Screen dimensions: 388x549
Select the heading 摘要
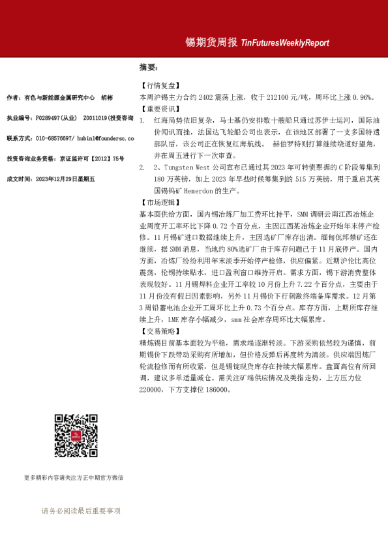coord(148,67)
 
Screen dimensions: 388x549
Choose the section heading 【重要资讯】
coord(159,109)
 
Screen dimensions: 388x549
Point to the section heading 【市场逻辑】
coord(159,202)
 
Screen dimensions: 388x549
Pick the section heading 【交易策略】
coord(159,331)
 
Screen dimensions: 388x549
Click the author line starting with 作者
coord(59,97)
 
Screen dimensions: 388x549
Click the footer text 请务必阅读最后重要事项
coord(81,511)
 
